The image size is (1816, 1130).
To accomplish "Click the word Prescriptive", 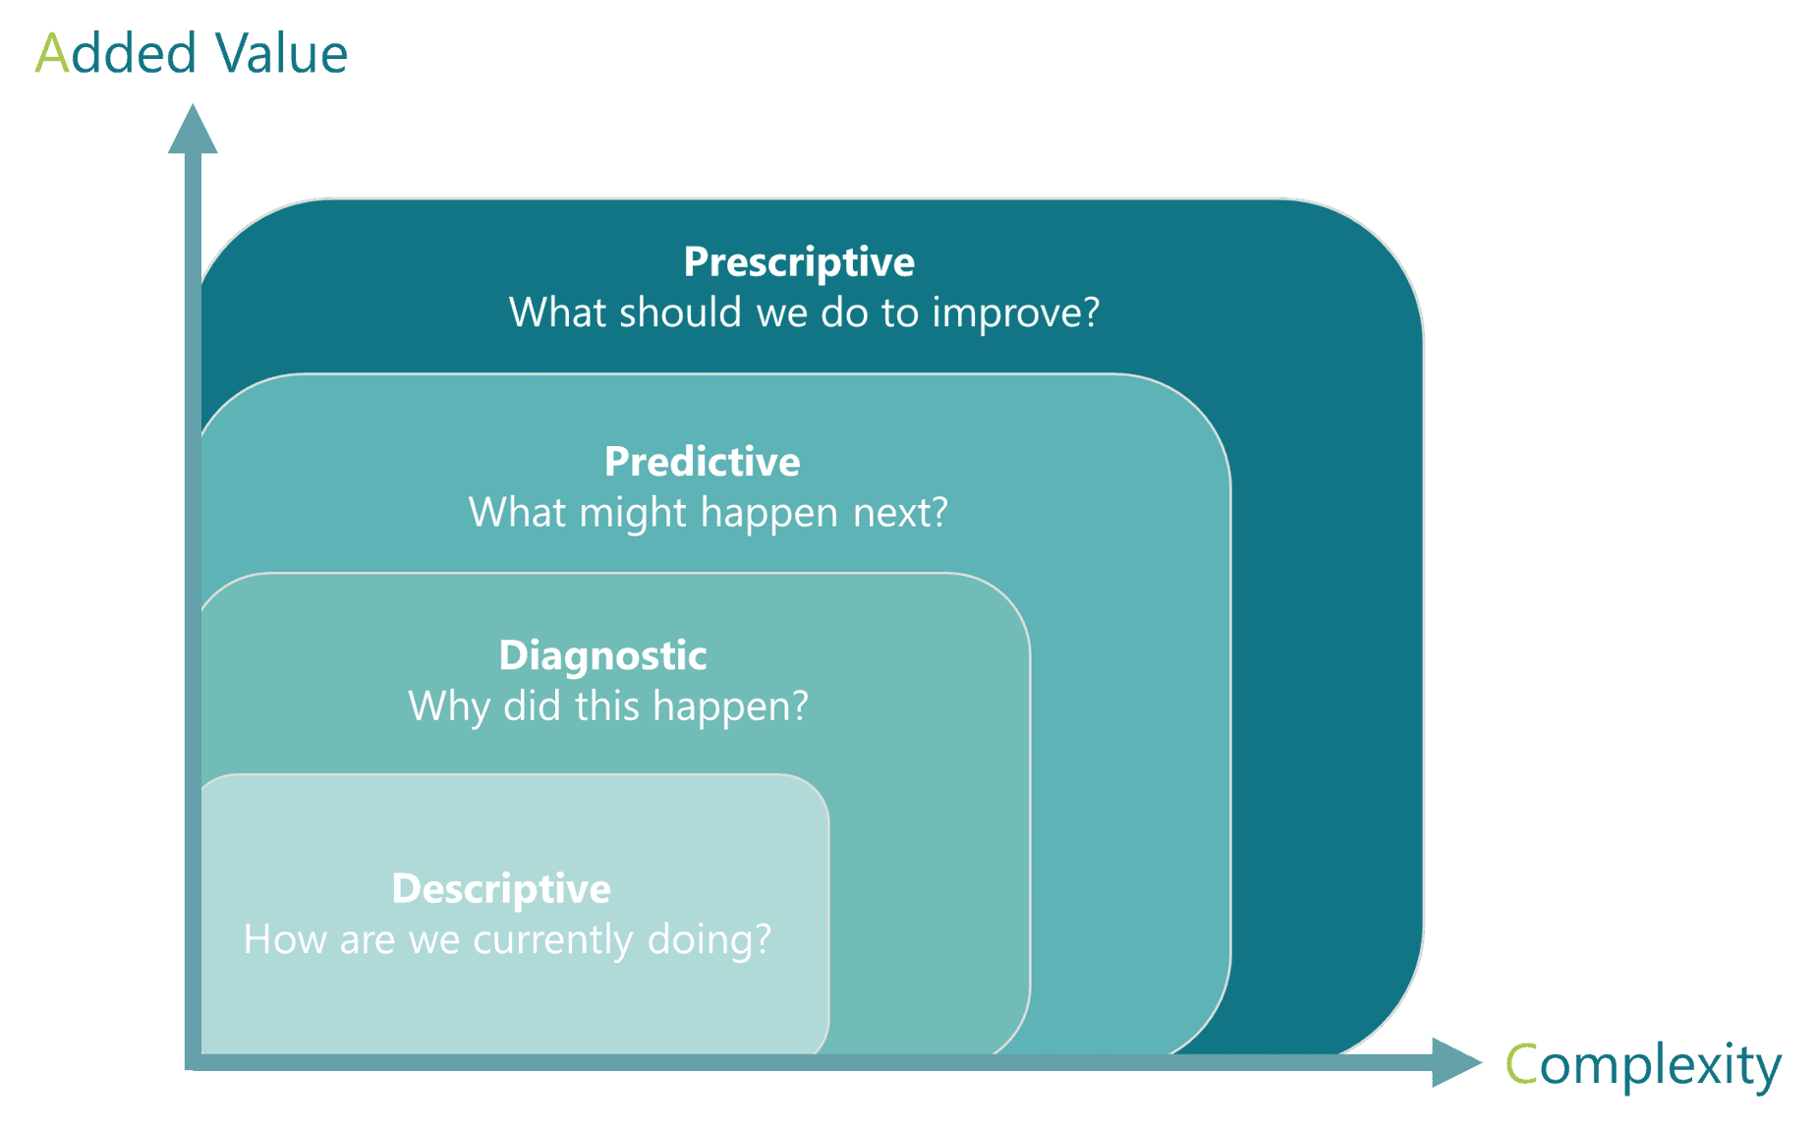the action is click(799, 263).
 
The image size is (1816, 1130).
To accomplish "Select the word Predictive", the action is click(702, 462).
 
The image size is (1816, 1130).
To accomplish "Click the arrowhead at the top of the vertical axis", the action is click(193, 129).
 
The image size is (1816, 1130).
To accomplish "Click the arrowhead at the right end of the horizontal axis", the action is click(1456, 1062).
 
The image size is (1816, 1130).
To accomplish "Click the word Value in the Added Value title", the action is click(282, 54).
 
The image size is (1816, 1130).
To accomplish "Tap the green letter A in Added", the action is click(51, 54).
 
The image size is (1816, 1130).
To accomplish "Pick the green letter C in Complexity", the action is click(1521, 1064).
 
